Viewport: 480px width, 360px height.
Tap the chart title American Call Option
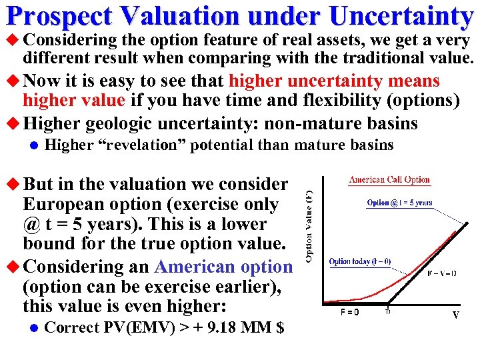pos(389,180)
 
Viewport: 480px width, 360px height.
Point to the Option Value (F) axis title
pos(309,227)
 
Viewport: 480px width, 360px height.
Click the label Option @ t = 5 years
pos(399,203)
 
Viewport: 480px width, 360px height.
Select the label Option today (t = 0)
pos(360,261)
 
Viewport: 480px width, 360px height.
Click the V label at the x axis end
pos(456,314)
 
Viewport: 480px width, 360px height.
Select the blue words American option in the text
pos(223,267)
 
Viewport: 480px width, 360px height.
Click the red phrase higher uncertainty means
pos(334,81)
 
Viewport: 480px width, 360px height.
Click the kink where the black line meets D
pos(387,303)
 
